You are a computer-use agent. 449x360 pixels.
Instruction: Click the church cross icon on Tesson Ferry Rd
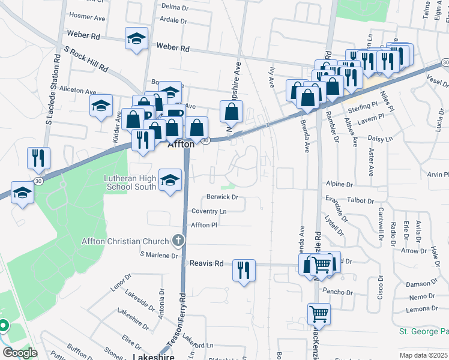pyautogui.click(x=178, y=241)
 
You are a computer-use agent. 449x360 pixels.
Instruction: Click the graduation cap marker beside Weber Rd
pyautogui.click(x=137, y=40)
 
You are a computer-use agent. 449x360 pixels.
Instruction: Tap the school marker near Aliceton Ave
pyautogui.click(x=101, y=106)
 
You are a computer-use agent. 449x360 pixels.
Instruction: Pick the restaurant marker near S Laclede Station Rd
pyautogui.click(x=38, y=158)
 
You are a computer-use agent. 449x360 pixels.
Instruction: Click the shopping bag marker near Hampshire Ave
pyautogui.click(x=232, y=111)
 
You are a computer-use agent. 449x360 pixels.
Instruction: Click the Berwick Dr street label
pyautogui.click(x=223, y=197)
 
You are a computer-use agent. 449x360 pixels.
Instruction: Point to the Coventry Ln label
pyautogui.click(x=209, y=211)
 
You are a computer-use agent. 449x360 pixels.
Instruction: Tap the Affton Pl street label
pyautogui.click(x=203, y=225)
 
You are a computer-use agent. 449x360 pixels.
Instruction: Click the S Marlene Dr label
pyautogui.click(x=159, y=255)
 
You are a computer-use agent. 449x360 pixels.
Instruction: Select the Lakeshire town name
pyautogui.click(x=149, y=356)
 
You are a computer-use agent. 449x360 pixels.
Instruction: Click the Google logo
pyautogui.click(x=19, y=353)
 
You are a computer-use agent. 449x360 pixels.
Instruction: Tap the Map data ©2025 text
pyautogui.click(x=423, y=355)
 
